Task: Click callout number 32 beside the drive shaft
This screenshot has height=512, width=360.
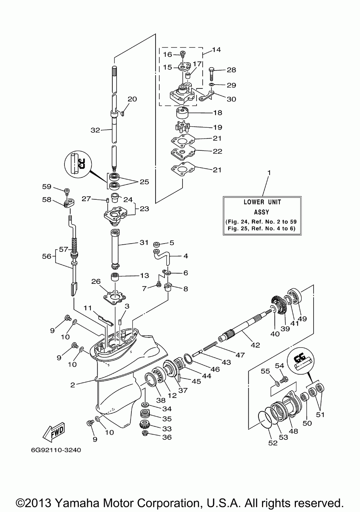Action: click(x=95, y=130)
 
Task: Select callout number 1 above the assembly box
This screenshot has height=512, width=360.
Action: click(x=269, y=173)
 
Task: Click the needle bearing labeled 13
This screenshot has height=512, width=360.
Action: click(x=115, y=277)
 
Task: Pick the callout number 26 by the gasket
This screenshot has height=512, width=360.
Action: click(x=96, y=281)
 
